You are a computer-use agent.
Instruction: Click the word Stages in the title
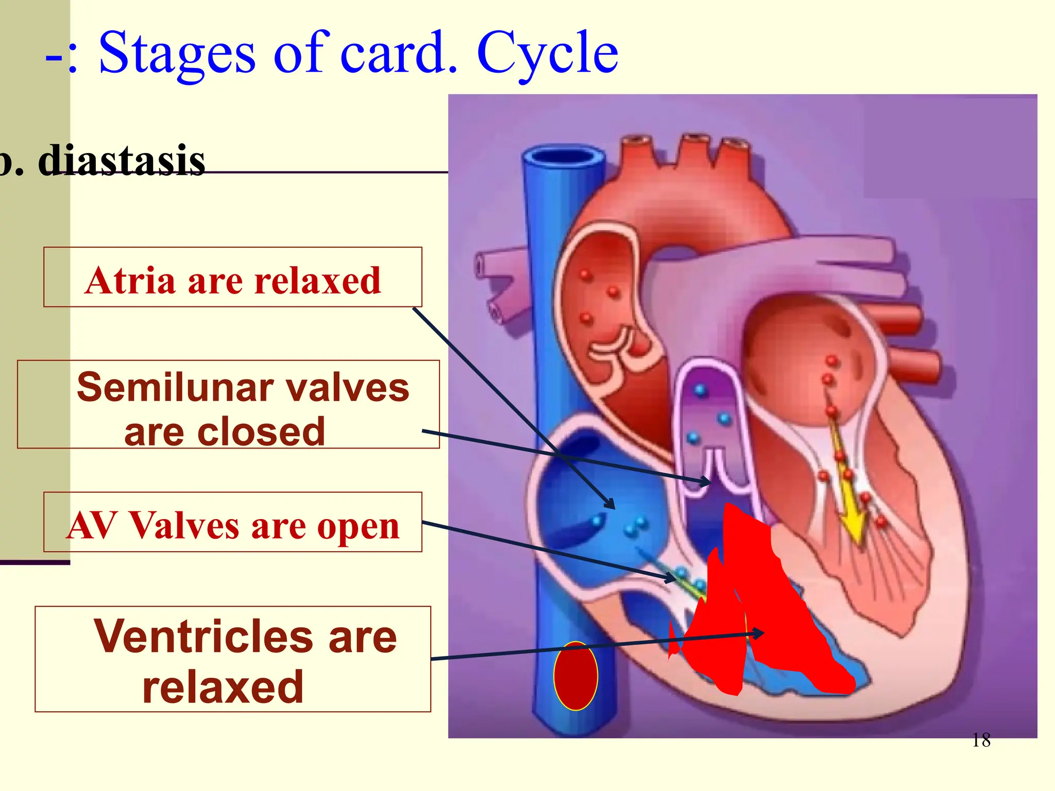tap(176, 53)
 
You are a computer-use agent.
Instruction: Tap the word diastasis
tap(122, 161)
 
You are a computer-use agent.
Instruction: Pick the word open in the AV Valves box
tap(358, 526)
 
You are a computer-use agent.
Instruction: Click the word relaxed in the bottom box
tap(223, 687)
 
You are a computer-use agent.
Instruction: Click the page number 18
tap(981, 741)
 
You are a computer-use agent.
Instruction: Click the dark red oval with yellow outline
tap(575, 676)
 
